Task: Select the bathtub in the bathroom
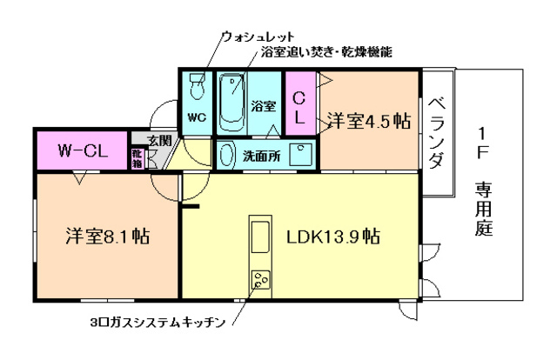pos(232,100)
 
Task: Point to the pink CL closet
pos(298,102)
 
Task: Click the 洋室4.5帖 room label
pos(369,120)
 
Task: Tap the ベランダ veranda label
pos(438,131)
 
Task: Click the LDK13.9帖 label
pos(332,237)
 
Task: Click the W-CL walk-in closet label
pos(82,150)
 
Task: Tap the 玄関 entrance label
pos(158,140)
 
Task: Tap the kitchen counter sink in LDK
pos(259,235)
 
